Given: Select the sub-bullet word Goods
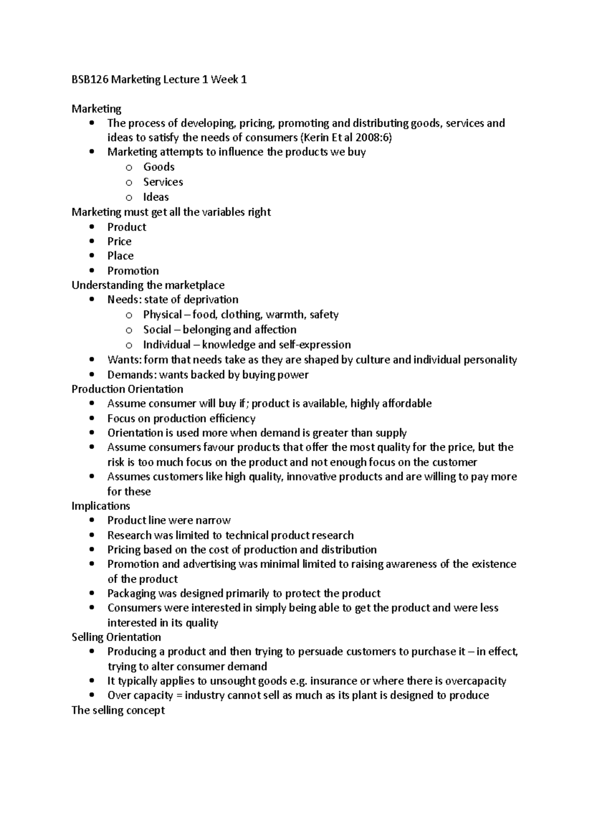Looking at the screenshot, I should click(x=159, y=167).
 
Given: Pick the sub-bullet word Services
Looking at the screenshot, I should click(x=163, y=182).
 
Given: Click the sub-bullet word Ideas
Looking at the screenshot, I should click(x=156, y=197).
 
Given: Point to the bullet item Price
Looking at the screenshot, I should click(x=119, y=241).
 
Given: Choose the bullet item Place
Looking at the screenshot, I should click(x=120, y=256).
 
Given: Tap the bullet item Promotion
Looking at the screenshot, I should click(x=133, y=270).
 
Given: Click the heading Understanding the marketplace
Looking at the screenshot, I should click(x=148, y=285).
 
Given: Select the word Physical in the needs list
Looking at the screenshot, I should click(x=162, y=314).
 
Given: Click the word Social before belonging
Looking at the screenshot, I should click(x=157, y=330).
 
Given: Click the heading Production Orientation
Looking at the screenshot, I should click(x=127, y=389).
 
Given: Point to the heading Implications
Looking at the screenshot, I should click(x=101, y=506).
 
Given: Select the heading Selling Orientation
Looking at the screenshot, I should click(x=116, y=637).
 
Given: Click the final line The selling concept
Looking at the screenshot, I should click(x=118, y=710).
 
